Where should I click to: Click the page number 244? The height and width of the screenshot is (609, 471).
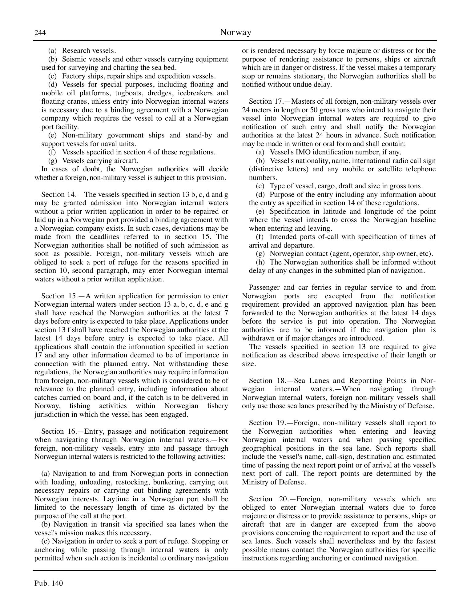(x=40, y=33)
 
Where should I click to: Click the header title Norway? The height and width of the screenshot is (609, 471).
(x=235, y=32)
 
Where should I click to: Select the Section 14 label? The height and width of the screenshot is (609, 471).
(x=59, y=194)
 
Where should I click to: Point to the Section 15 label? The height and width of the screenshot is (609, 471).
(x=59, y=296)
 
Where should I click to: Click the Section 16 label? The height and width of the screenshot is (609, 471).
(x=59, y=431)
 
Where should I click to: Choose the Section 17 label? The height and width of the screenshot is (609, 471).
(x=267, y=101)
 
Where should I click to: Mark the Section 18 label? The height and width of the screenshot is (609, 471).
(x=267, y=380)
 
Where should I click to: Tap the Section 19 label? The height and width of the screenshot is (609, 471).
(x=267, y=423)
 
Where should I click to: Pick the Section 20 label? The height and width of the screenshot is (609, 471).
(x=267, y=499)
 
